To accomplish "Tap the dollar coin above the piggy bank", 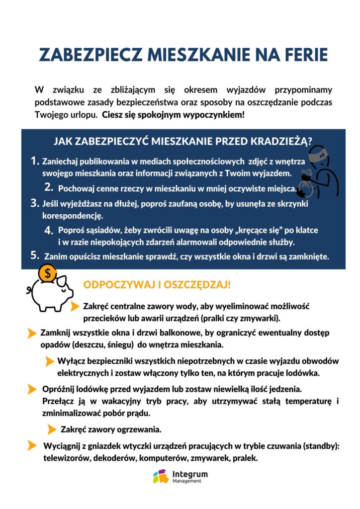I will point(48,273).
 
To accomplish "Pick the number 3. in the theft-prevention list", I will point(35,203).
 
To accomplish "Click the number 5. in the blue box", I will point(35,255).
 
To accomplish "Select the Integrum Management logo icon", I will point(161,476).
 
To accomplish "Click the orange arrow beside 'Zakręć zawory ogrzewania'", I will point(52,429).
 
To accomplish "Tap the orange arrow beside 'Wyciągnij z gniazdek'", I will point(32,445).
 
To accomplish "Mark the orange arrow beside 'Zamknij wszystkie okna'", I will point(32,333).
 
